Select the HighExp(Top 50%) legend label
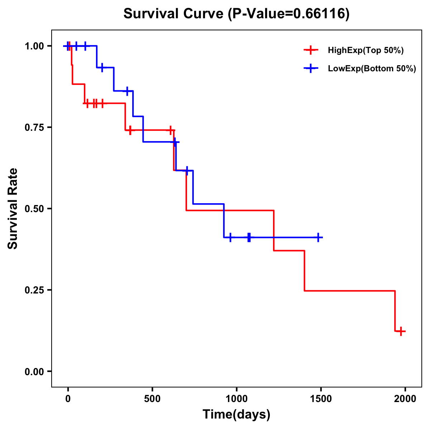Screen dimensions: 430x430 365,50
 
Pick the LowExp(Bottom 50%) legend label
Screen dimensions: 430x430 372,69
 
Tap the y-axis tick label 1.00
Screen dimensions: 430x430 34,46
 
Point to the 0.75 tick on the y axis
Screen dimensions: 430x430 34,128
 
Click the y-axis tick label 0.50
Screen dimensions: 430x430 34,209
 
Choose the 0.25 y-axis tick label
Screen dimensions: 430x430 34,290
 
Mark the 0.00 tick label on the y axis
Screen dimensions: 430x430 34,372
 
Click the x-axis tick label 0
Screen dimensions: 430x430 68,399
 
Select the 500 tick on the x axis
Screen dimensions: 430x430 152,399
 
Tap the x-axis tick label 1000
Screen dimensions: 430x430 236,399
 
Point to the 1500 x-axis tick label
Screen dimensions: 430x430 321,399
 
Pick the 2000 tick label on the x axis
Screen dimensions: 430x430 405,399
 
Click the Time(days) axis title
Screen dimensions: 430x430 236,415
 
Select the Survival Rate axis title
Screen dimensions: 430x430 13,209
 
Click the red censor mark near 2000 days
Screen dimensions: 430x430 401,331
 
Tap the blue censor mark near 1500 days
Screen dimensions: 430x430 317,237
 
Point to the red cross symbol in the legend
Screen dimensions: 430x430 311,50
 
